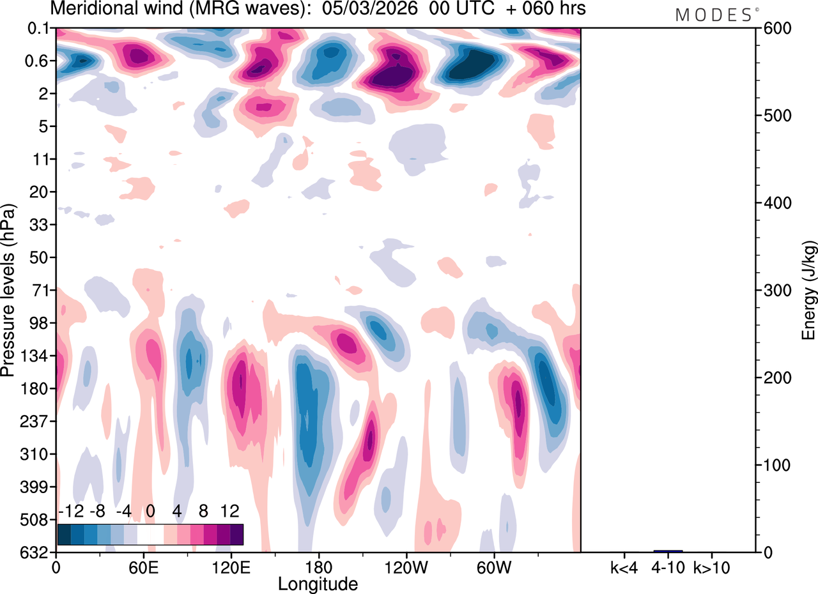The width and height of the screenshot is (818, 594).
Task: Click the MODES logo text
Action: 714,15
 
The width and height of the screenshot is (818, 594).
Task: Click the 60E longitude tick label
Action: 143,566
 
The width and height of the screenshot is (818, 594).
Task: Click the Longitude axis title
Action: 318,583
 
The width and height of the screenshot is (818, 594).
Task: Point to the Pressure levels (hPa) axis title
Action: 10,291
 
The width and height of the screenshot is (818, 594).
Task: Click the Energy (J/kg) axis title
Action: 808,291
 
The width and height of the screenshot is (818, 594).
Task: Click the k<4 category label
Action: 623,566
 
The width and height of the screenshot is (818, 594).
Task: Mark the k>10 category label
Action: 713,566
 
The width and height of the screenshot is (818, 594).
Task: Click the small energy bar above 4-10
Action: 668,551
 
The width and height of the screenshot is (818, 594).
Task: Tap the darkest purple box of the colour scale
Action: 236,534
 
